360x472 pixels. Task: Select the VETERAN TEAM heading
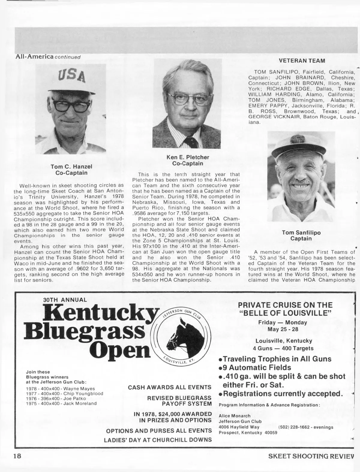(x=301, y=61)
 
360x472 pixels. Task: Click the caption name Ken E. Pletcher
(x=188, y=157)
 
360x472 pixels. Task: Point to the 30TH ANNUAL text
(x=65, y=300)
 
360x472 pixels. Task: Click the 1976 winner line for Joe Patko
(x=56, y=399)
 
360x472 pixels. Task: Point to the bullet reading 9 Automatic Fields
(x=255, y=367)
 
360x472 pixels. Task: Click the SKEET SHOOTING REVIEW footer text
(x=311, y=456)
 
